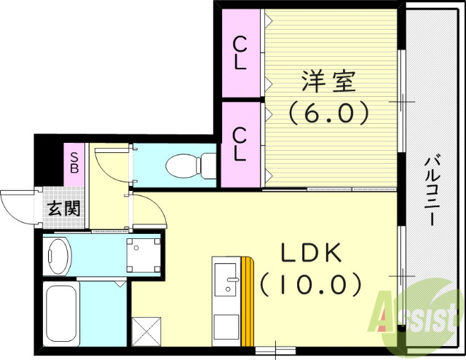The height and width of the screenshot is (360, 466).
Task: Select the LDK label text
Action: coord(312,251)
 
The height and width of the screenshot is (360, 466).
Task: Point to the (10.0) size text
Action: coord(312,282)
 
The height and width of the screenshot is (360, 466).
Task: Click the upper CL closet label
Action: coord(240,53)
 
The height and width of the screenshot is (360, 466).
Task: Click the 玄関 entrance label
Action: coord(63,208)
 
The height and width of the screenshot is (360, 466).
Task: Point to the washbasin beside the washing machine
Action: coord(57,255)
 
